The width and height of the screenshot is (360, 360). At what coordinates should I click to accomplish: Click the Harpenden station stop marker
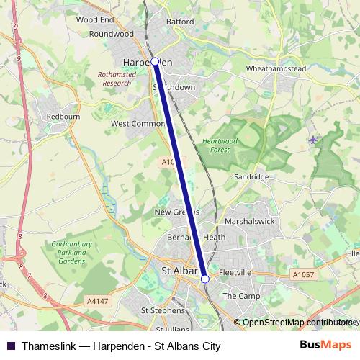pyautogui.click(x=155, y=62)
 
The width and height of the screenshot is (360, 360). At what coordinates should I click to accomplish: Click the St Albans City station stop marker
pyautogui.click(x=205, y=279)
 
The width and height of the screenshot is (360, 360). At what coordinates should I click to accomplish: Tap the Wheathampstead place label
pyautogui.click(x=276, y=68)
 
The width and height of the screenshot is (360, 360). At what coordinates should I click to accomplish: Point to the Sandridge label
pyautogui.click(x=252, y=176)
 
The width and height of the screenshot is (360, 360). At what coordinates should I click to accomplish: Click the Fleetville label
pyautogui.click(x=235, y=274)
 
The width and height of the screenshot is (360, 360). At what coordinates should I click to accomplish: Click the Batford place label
pyautogui.click(x=180, y=22)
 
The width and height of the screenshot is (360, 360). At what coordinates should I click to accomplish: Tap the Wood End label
pyautogui.click(x=95, y=20)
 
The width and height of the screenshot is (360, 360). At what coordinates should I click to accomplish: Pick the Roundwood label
pyautogui.click(x=112, y=33)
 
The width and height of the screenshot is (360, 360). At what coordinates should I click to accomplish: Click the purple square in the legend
pyautogui.click(x=11, y=346)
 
